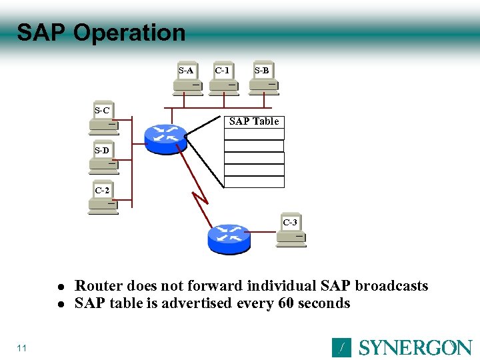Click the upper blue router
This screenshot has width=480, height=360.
pyautogui.click(x=165, y=137)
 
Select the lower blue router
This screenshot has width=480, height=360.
pyautogui.click(x=229, y=239)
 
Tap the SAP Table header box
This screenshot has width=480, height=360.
pyautogui.click(x=254, y=121)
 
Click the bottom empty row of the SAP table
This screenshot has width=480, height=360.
pyautogui.click(x=254, y=181)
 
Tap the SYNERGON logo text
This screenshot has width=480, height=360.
pyautogui.click(x=415, y=347)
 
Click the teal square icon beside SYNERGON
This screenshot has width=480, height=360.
pyautogui.click(x=341, y=347)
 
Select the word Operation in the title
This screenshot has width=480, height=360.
pyautogui.click(x=129, y=33)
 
